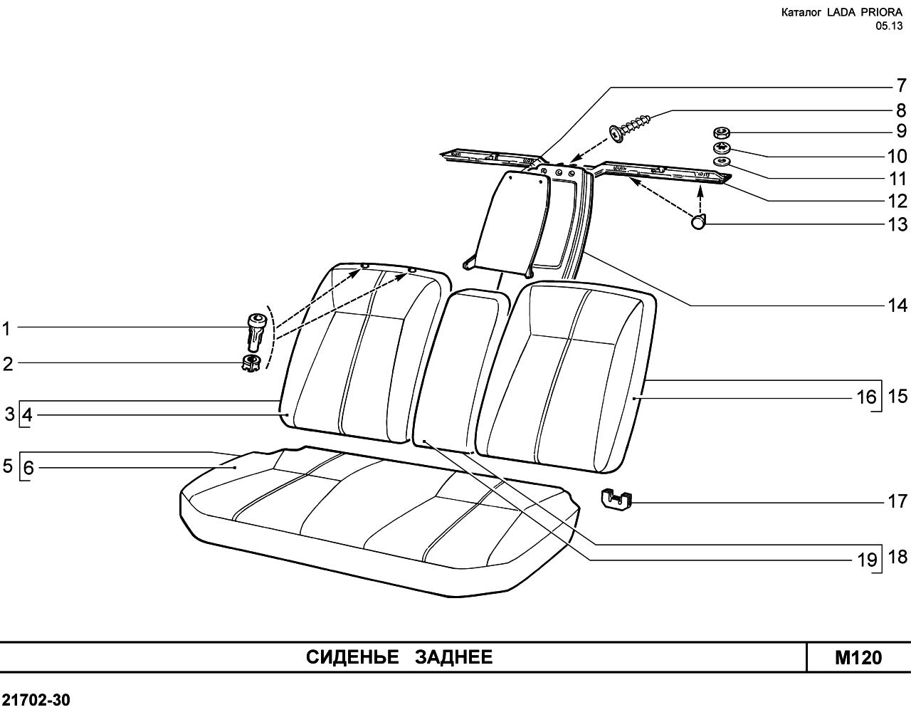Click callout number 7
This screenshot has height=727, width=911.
pos(901,85)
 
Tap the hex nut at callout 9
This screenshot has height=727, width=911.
pos(720,132)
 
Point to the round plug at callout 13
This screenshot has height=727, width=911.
pos(698,221)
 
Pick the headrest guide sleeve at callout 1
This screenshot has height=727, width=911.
pos(257,332)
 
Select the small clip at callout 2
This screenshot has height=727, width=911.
pos(251,363)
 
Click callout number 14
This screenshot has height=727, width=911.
pos(897,305)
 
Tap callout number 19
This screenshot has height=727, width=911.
pos(868,560)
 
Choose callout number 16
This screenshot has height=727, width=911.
pos(867,397)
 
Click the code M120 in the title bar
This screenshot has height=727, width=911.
pos(858,658)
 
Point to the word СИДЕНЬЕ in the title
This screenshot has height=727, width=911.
pos(352,657)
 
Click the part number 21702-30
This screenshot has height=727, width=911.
pos(36,701)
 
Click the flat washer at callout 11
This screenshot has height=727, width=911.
pos(720,161)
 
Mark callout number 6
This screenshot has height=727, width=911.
pos(28,468)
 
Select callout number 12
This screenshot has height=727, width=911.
pos(897,202)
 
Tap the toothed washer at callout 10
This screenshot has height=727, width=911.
pos(721,148)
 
